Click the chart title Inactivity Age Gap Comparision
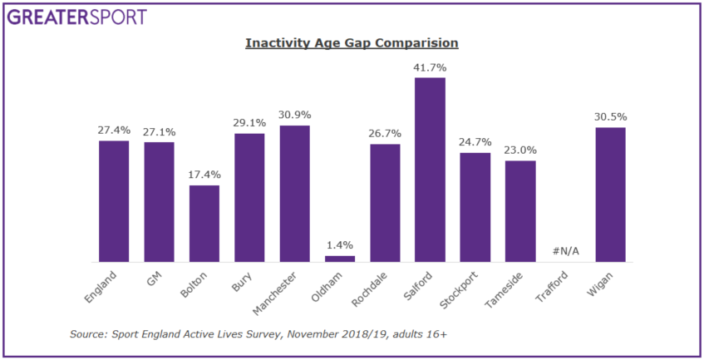352,42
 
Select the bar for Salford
430,170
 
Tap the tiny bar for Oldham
339,259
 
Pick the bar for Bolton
204,224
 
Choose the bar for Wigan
610,195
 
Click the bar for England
114,201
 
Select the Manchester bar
294,194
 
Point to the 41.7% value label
430,67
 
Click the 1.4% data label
339,244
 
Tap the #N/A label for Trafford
565,252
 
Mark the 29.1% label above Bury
249,122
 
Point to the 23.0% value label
520,150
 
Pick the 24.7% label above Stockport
475,141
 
